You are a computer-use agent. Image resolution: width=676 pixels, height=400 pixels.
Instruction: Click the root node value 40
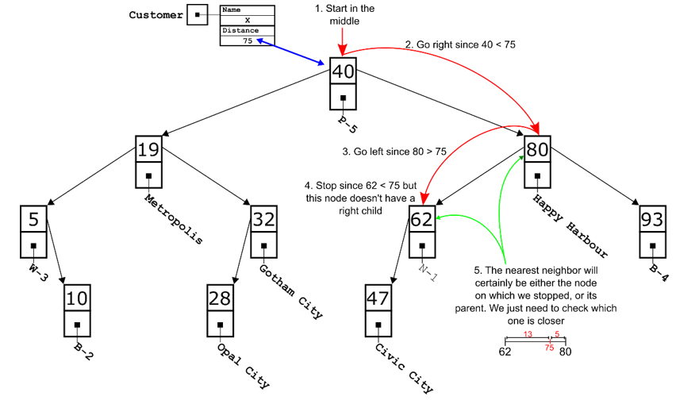point(343,72)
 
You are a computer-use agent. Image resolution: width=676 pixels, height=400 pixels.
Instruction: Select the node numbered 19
point(148,148)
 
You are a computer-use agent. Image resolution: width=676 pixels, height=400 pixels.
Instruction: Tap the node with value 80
point(537,148)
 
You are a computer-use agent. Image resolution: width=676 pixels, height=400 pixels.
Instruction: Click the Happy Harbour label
point(570,225)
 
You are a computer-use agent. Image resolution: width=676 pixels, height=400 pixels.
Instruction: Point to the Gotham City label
point(291,290)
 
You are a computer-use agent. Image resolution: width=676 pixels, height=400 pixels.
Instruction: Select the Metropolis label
point(174,217)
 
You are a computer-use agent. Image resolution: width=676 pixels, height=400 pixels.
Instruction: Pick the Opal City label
point(244,364)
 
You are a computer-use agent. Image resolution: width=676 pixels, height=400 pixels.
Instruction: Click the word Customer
point(156,15)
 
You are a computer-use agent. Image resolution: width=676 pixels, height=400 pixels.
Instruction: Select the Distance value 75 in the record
point(248,40)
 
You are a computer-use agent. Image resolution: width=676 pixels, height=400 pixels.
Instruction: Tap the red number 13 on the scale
point(528,334)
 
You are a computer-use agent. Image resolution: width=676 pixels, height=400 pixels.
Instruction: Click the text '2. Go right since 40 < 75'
point(460,45)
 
